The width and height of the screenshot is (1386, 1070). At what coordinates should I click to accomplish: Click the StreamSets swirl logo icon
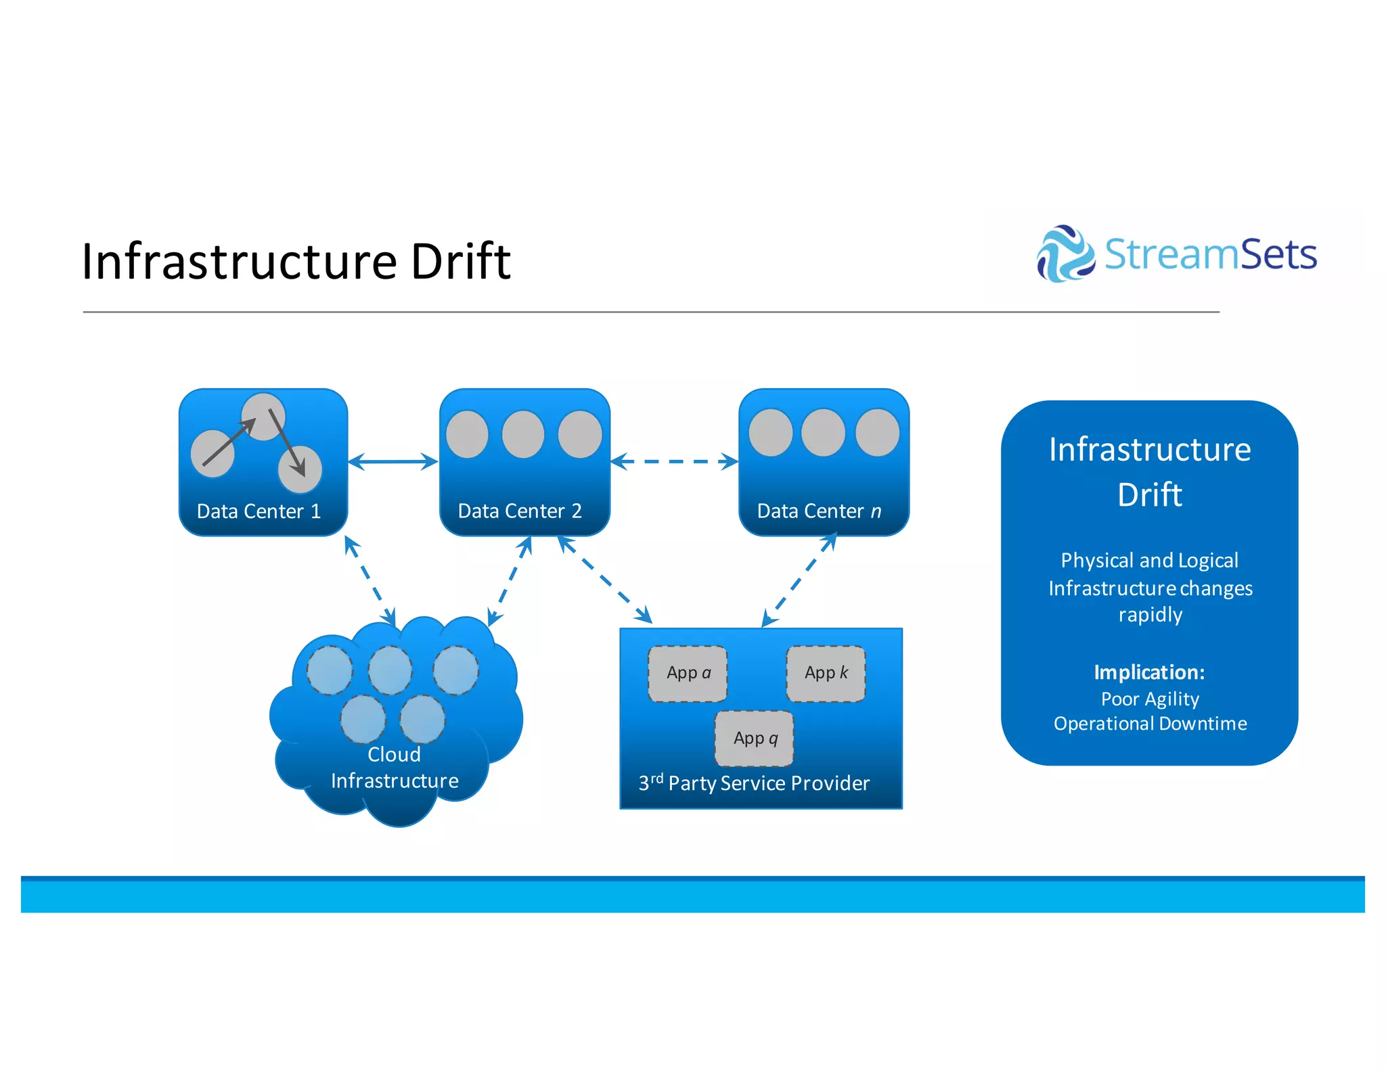tap(1065, 254)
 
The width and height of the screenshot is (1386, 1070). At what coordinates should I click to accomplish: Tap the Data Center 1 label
tap(259, 511)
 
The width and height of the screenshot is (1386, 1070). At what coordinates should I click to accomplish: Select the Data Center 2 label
tap(520, 511)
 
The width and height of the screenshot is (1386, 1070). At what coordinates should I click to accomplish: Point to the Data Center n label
tap(819, 511)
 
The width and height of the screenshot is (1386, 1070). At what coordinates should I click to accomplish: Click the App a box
tap(688, 673)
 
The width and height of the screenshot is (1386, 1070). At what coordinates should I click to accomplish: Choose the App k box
tap(826, 673)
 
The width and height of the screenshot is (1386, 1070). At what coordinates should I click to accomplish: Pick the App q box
tap(755, 738)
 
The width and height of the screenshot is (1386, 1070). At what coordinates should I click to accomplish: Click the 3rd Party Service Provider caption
tap(754, 783)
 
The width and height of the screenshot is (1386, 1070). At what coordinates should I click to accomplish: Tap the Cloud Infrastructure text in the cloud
tap(395, 768)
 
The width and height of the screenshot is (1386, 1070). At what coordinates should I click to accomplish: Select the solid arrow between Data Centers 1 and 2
tap(393, 461)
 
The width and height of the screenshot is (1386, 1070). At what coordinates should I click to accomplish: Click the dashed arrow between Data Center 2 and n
tap(674, 461)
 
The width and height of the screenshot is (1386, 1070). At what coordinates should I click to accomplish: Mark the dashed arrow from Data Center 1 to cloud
tap(370, 580)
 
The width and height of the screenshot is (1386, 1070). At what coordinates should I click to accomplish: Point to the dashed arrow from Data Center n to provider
tap(799, 580)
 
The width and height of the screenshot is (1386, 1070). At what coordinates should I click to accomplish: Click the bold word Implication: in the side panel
tap(1149, 672)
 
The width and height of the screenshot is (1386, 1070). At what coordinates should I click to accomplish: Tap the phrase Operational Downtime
tap(1150, 724)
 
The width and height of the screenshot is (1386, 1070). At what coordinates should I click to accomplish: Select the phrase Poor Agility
tap(1150, 699)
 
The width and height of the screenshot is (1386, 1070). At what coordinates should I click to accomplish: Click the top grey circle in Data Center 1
tap(263, 416)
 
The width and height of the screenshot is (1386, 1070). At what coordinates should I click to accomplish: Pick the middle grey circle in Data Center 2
tap(523, 434)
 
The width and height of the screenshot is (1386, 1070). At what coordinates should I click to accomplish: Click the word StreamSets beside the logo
tap(1210, 255)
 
